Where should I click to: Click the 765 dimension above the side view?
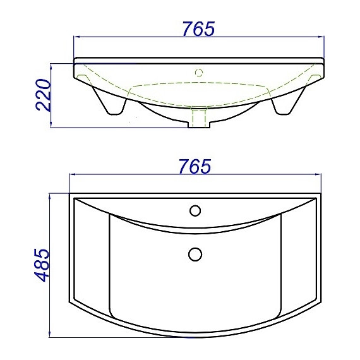click(x=198, y=29)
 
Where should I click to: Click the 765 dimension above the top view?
click(x=195, y=167)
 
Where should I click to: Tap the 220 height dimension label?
click(x=43, y=95)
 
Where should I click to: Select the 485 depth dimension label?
click(x=42, y=265)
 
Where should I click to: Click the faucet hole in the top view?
click(x=195, y=210)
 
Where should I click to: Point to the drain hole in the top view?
click(x=195, y=254)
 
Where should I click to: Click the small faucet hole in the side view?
click(x=199, y=73)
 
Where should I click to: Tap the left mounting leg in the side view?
click(x=110, y=101)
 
